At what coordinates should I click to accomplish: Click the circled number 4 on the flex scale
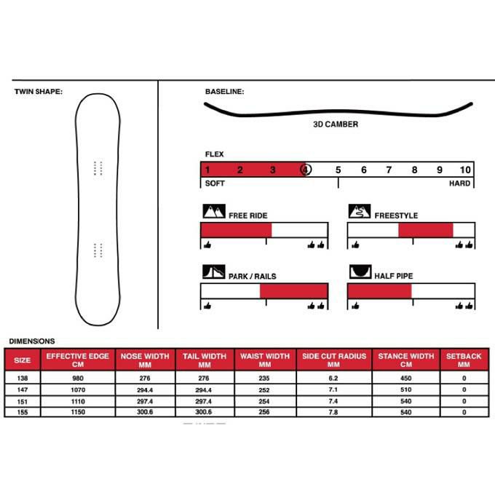point(306,170)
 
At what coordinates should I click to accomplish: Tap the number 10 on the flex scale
point(465,170)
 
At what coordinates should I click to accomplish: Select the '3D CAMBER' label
point(335,124)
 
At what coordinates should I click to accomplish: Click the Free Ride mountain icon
point(213,213)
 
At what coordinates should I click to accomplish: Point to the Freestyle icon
point(360,213)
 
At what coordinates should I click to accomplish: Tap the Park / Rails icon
point(213,273)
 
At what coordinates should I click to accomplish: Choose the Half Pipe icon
point(360,273)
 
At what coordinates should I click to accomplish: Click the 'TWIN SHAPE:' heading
point(39,92)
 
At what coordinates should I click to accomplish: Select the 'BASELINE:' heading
point(224,92)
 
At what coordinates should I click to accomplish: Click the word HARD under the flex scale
point(459,183)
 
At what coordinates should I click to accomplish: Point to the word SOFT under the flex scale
point(215,183)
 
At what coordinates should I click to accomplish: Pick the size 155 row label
point(23,412)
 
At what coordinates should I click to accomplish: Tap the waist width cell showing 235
point(264,379)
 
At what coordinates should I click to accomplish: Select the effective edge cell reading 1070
point(77,390)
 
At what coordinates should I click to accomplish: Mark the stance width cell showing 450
point(404,379)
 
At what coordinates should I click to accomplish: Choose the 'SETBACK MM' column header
point(464,360)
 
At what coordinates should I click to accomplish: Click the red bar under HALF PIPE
point(379,291)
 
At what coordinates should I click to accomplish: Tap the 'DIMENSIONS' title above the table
point(31,341)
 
